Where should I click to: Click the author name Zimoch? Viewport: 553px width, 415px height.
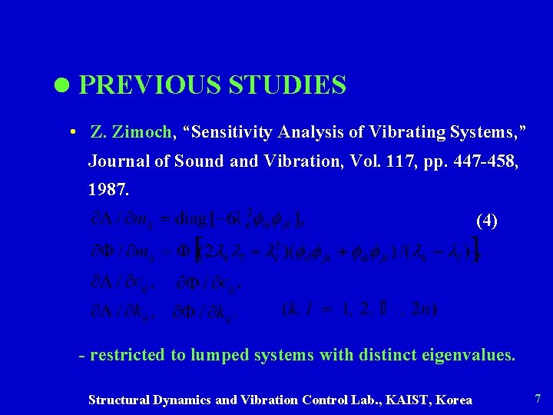click(143, 132)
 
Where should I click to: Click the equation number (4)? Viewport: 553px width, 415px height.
click(487, 221)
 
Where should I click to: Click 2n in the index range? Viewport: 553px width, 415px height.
click(421, 310)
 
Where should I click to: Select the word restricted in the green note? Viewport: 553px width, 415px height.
click(127, 355)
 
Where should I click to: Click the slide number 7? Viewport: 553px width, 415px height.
click(537, 399)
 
